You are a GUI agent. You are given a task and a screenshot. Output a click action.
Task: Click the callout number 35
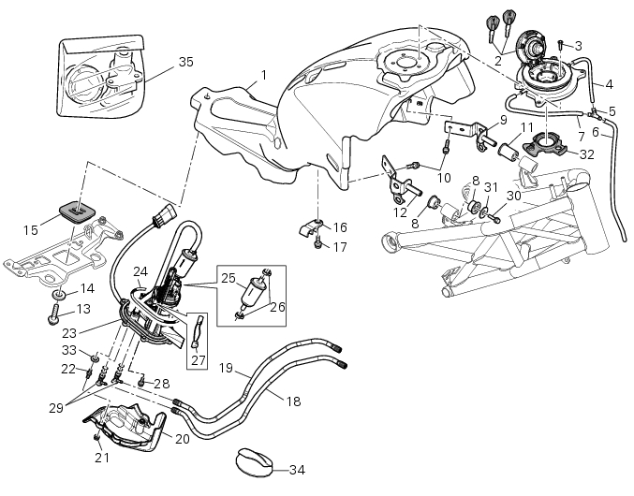click(x=185, y=62)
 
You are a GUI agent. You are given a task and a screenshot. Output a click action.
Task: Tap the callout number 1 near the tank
click(x=264, y=75)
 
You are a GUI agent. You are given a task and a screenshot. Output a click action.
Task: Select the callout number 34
click(x=297, y=469)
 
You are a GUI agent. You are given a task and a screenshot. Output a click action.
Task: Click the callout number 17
click(x=340, y=247)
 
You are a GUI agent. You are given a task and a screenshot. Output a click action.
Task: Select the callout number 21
click(x=100, y=458)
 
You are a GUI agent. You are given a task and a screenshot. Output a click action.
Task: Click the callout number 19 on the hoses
click(x=225, y=367)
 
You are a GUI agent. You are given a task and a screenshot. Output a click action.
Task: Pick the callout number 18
click(x=293, y=401)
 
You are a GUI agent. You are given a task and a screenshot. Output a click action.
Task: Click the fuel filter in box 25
click(x=248, y=295)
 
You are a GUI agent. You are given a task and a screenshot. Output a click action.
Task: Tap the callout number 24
click(x=140, y=272)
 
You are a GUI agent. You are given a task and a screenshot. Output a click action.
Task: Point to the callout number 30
click(x=513, y=196)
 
